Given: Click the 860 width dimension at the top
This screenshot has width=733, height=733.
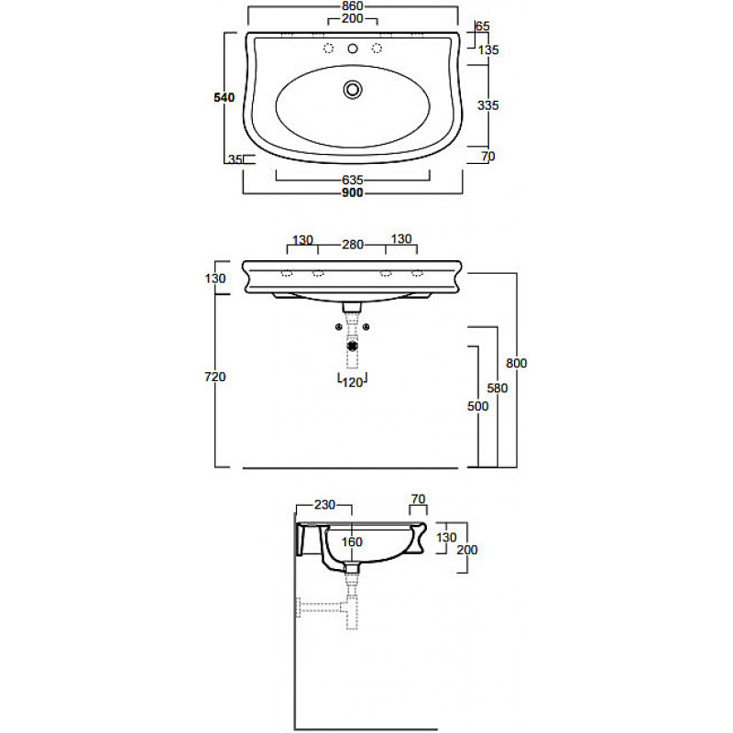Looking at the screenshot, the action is (x=353, y=6).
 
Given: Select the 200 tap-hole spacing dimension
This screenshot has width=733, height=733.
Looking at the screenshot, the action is (x=353, y=18).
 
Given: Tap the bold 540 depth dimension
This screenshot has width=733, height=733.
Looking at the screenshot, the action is (x=224, y=97).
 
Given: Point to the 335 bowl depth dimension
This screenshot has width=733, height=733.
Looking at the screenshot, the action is (x=488, y=105).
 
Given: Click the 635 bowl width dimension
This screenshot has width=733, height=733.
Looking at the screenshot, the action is (x=353, y=180).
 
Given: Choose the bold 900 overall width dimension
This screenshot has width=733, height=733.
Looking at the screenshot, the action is (x=353, y=192).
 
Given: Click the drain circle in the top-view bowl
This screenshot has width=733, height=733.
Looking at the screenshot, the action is (x=353, y=89).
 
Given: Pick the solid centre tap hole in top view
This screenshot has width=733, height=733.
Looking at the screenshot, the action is (x=353, y=49).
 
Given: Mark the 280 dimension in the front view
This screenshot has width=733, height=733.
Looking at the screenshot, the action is (x=353, y=245).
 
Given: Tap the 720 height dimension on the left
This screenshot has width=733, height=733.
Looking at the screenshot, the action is (x=215, y=377).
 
